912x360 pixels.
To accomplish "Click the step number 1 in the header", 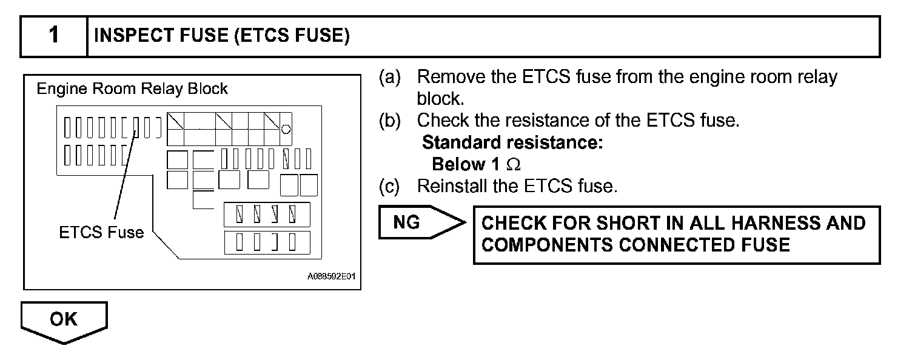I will tap(54, 36).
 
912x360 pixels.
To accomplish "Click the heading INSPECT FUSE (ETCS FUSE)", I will tap(222, 36).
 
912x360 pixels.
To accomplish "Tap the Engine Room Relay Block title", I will tap(132, 89).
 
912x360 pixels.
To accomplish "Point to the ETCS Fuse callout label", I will tap(101, 232).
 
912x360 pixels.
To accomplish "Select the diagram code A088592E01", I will tap(330, 276).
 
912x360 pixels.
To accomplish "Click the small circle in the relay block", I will tap(286, 128).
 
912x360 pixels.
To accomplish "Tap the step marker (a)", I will tap(390, 78).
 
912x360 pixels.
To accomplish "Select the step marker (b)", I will tap(390, 121).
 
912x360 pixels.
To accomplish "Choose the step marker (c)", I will tap(390, 185).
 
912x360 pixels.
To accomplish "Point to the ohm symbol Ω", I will tap(513, 164).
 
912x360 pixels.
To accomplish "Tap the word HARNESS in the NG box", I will tap(765, 223).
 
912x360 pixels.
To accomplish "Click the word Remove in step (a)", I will tap(445, 78).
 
